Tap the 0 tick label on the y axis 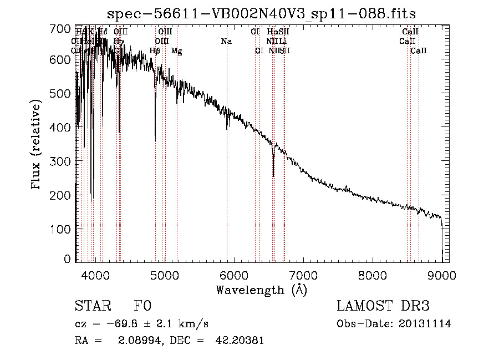pos(68,259)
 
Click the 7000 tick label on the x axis pos(303,273)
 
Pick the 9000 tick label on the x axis pos(442,273)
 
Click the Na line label pos(226,42)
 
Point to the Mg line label pos(176,51)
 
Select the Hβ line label pos(155,51)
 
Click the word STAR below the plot pos(91,306)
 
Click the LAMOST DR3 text pos(383,306)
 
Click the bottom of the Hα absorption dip pos(273,176)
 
